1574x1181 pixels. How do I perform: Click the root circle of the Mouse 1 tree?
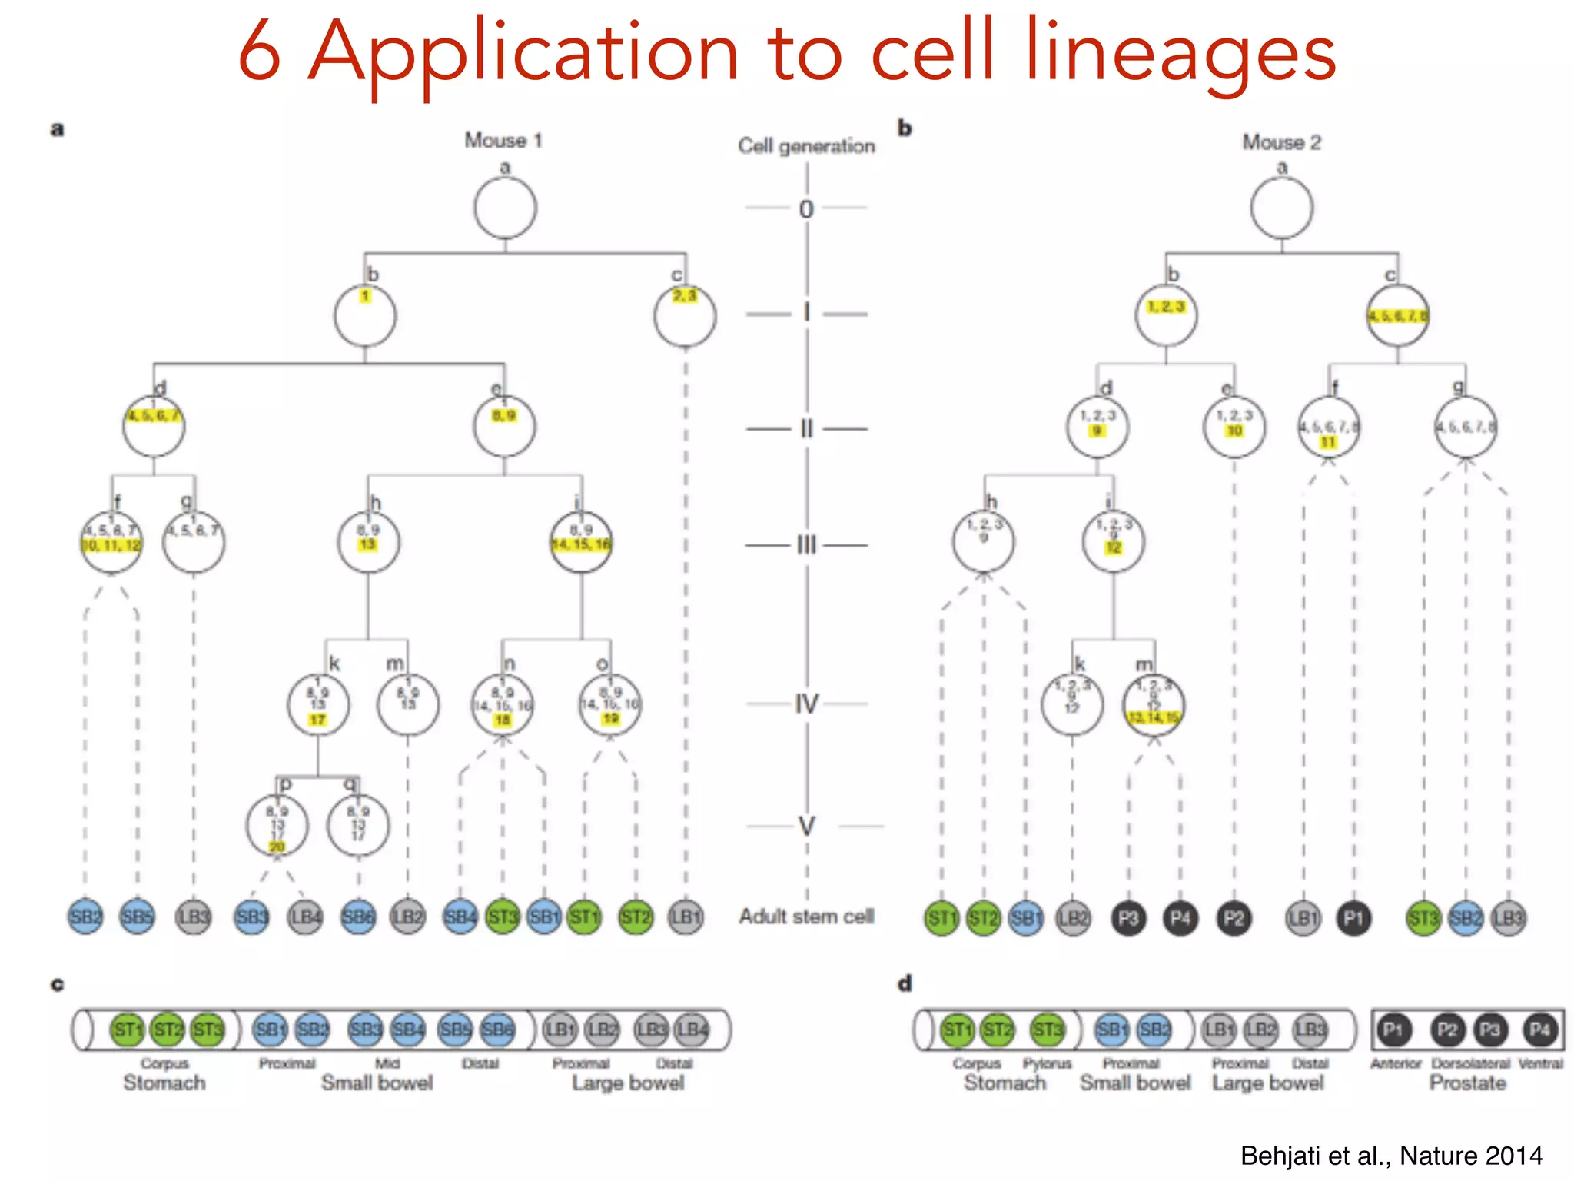[505, 208]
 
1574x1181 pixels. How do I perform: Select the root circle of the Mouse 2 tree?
[1281, 208]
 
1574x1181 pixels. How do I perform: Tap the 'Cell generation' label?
[806, 146]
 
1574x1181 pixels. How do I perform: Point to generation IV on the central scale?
[806, 704]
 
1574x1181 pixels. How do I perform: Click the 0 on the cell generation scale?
[806, 209]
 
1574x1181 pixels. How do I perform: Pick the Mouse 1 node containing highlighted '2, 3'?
[685, 315]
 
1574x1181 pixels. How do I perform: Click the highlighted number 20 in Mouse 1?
[277, 847]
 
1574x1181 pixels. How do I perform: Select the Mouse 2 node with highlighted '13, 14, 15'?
[1153, 706]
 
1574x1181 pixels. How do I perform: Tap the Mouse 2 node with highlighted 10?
[1234, 427]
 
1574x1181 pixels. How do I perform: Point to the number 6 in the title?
[258, 52]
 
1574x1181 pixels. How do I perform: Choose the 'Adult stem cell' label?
[806, 917]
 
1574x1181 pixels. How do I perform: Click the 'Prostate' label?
[1467, 1083]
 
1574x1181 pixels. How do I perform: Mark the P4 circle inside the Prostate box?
[1539, 1030]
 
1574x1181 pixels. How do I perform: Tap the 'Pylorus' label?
[1047, 1063]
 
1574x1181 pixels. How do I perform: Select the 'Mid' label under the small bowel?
[387, 1063]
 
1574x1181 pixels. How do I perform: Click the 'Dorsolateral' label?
[1470, 1063]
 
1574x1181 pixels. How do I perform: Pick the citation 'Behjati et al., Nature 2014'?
[1391, 1156]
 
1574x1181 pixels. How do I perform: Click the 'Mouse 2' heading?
[1281, 142]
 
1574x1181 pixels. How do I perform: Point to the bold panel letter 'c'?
[58, 985]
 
